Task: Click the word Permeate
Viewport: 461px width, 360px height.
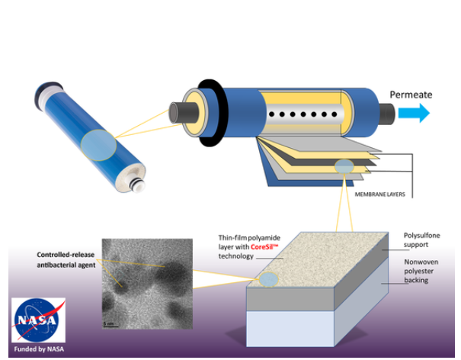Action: [x=411, y=95]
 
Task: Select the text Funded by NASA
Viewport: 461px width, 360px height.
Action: [x=39, y=349]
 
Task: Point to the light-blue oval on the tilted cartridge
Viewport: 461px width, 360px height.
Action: [x=98, y=145]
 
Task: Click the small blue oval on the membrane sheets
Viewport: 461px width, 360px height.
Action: [x=344, y=165]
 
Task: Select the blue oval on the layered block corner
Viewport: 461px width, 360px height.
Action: [x=268, y=281]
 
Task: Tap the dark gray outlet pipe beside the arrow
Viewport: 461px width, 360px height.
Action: [x=386, y=114]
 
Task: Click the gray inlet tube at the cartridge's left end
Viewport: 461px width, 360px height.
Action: [x=178, y=114]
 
